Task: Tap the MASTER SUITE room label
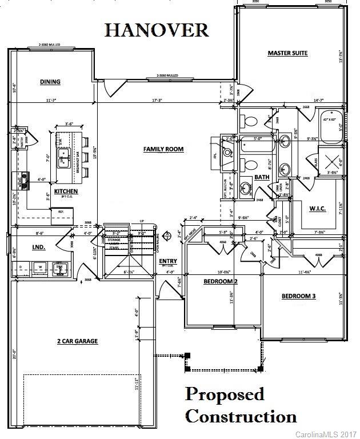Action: [287, 53]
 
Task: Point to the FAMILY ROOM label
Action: [163, 149]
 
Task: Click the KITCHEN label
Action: [66, 191]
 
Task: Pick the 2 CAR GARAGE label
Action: [77, 341]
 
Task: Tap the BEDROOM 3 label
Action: [298, 296]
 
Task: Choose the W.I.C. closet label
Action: [317, 209]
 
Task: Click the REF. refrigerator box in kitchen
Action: [60, 212]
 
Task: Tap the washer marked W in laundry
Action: [41, 266]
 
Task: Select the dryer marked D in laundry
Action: [21, 266]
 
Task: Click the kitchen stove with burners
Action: [23, 181]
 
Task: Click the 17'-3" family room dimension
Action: [158, 101]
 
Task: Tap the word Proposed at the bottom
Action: [225, 395]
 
